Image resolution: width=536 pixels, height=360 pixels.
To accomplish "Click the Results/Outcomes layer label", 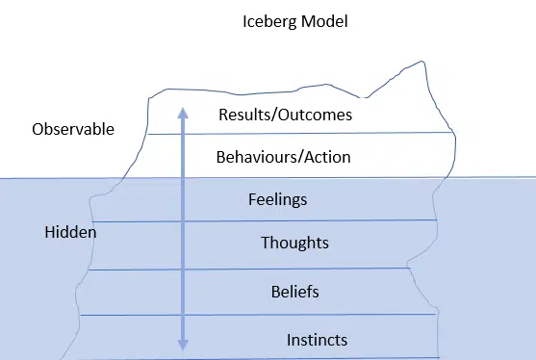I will [x=284, y=115].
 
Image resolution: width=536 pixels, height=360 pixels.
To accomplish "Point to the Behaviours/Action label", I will [x=283, y=156].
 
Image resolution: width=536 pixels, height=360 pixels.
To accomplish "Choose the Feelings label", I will [x=277, y=200].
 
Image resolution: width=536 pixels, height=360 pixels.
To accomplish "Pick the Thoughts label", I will [x=294, y=244].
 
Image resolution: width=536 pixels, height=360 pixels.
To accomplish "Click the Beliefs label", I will [x=294, y=291].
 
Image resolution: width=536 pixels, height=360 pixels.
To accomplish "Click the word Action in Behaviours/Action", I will [x=327, y=156].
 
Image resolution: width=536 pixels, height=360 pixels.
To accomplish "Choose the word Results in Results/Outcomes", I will [x=243, y=115].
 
